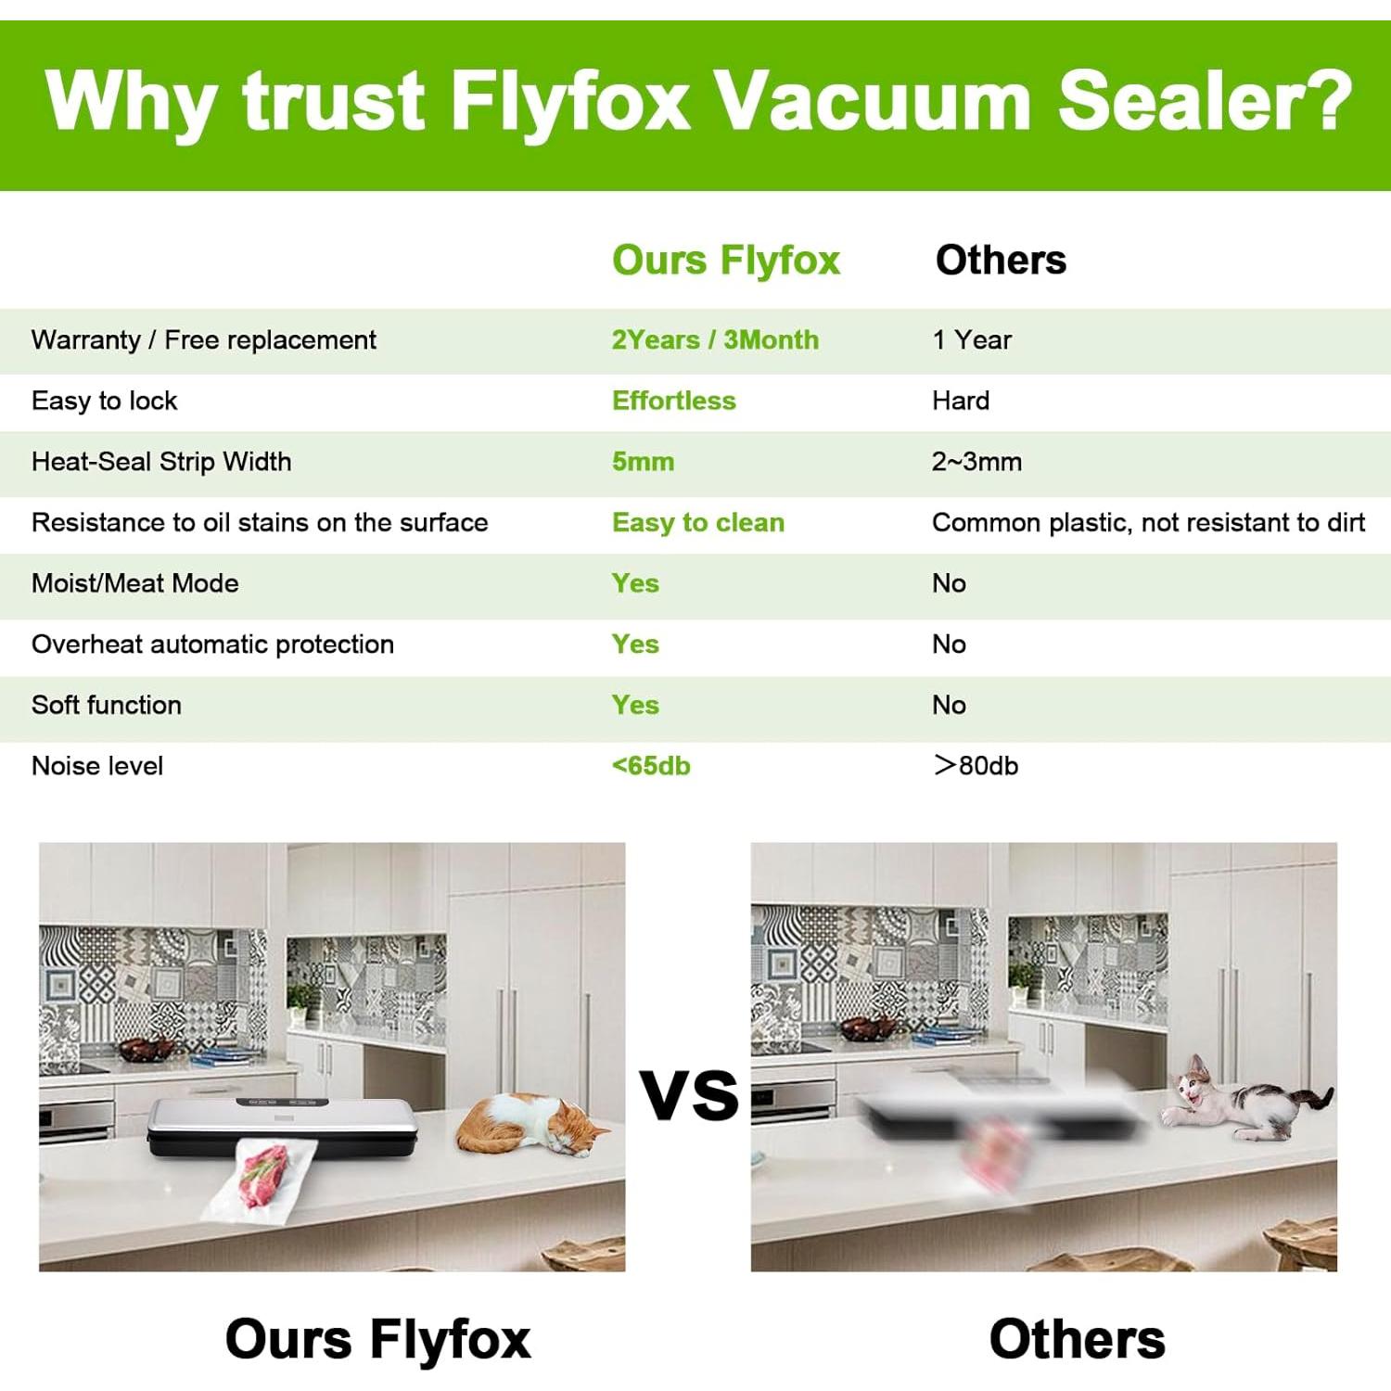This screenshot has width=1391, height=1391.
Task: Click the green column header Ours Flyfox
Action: pyautogui.click(x=725, y=261)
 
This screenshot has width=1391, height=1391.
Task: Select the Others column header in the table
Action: pyautogui.click(x=1001, y=261)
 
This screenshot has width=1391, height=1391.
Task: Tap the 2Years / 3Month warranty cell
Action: pyautogui.click(x=715, y=340)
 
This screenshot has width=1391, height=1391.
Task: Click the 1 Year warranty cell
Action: pyautogui.click(x=971, y=340)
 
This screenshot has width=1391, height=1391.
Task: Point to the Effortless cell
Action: pyautogui.click(x=673, y=401)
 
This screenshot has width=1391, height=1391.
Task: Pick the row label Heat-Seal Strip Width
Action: pyautogui.click(x=161, y=462)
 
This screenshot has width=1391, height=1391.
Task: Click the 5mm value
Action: pyautogui.click(x=643, y=462)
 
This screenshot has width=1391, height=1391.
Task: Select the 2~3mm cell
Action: pyautogui.click(x=976, y=462)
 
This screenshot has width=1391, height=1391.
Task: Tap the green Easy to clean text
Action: pyautogui.click(x=697, y=523)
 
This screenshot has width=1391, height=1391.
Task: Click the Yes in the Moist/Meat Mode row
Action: pyautogui.click(x=635, y=583)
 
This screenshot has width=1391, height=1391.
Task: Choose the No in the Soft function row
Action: pyautogui.click(x=949, y=706)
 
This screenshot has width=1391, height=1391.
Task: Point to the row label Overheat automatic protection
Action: pyautogui.click(x=212, y=644)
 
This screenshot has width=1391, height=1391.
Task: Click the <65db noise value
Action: pyautogui.click(x=651, y=766)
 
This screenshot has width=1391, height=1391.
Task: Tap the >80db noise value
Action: pyautogui.click(x=976, y=766)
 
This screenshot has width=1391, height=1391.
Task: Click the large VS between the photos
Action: pyautogui.click(x=689, y=1096)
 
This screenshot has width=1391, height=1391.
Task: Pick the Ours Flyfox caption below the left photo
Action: pyautogui.click(x=377, y=1339)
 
